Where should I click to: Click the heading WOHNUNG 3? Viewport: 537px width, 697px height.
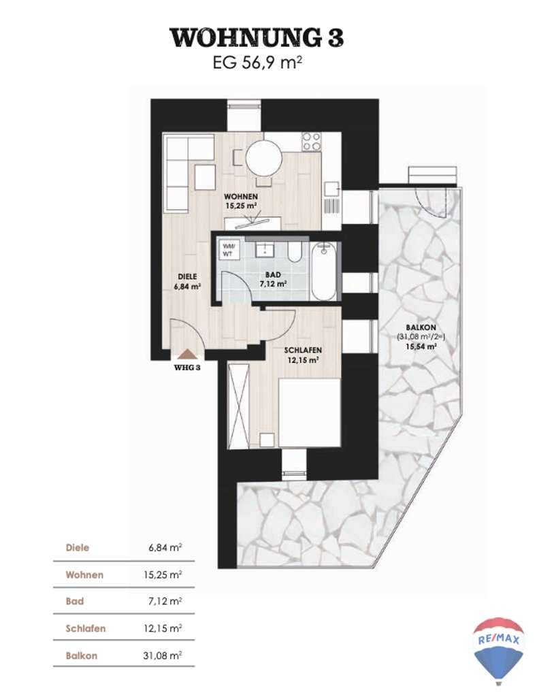click(x=257, y=37)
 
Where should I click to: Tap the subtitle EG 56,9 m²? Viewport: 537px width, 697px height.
click(x=257, y=62)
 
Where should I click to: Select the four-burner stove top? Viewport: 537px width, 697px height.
click(x=311, y=142)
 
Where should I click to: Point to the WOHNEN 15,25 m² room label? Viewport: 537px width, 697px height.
click(x=240, y=201)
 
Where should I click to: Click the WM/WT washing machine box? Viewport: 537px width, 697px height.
click(x=229, y=249)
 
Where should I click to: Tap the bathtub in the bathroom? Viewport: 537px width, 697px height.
click(x=323, y=271)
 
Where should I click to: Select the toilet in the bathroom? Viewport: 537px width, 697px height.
click(x=294, y=252)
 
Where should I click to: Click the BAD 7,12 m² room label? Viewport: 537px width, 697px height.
click(x=273, y=280)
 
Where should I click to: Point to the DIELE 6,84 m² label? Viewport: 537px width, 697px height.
click(x=187, y=282)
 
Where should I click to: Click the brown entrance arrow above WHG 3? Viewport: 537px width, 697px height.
click(x=187, y=354)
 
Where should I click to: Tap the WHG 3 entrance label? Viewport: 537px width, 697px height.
click(x=187, y=368)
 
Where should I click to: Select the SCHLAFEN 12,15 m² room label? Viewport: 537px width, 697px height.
click(x=303, y=355)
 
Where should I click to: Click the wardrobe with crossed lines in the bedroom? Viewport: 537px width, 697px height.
click(x=238, y=404)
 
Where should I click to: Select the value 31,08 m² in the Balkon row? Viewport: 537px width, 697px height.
click(x=162, y=655)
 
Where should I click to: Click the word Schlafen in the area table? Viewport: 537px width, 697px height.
click(x=85, y=628)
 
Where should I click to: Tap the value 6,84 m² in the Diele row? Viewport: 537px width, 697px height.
click(x=165, y=548)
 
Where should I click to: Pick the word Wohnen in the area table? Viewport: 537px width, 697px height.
click(x=84, y=574)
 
